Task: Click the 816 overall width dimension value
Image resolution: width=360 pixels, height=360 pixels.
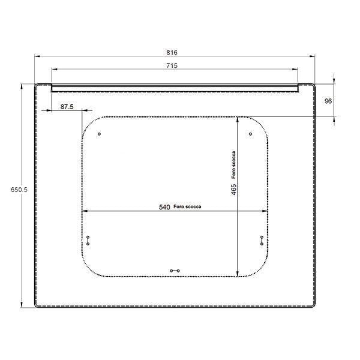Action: click(x=174, y=52)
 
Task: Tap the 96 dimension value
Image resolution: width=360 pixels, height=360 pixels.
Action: click(x=328, y=101)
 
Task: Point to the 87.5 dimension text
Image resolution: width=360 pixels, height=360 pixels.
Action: click(x=67, y=106)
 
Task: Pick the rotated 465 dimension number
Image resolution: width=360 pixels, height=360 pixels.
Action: click(x=233, y=189)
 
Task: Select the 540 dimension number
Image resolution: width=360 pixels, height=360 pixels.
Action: click(x=164, y=207)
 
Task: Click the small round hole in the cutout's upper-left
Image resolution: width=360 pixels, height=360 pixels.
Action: click(x=100, y=134)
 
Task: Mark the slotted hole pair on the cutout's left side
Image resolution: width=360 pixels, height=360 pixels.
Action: click(x=88, y=240)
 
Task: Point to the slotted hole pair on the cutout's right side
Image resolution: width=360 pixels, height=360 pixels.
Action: click(x=262, y=240)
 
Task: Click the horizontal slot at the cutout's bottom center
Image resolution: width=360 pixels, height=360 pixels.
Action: click(x=175, y=271)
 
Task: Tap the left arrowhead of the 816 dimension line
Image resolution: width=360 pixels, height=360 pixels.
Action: click(x=37, y=56)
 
